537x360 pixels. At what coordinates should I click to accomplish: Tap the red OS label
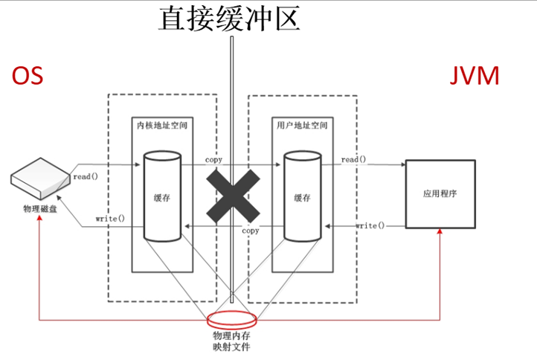(27, 77)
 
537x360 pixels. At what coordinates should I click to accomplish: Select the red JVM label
(475, 77)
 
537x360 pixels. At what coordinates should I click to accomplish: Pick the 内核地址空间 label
(163, 126)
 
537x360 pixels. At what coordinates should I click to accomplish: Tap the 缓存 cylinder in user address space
(302, 196)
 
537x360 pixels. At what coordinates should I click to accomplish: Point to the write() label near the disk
(109, 219)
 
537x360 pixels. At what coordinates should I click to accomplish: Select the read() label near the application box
(354, 159)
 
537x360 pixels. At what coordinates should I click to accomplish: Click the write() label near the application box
(370, 225)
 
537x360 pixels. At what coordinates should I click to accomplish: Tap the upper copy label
(213, 160)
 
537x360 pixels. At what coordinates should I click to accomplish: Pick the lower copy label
(251, 231)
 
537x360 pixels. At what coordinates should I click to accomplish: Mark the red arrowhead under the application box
(440, 233)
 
